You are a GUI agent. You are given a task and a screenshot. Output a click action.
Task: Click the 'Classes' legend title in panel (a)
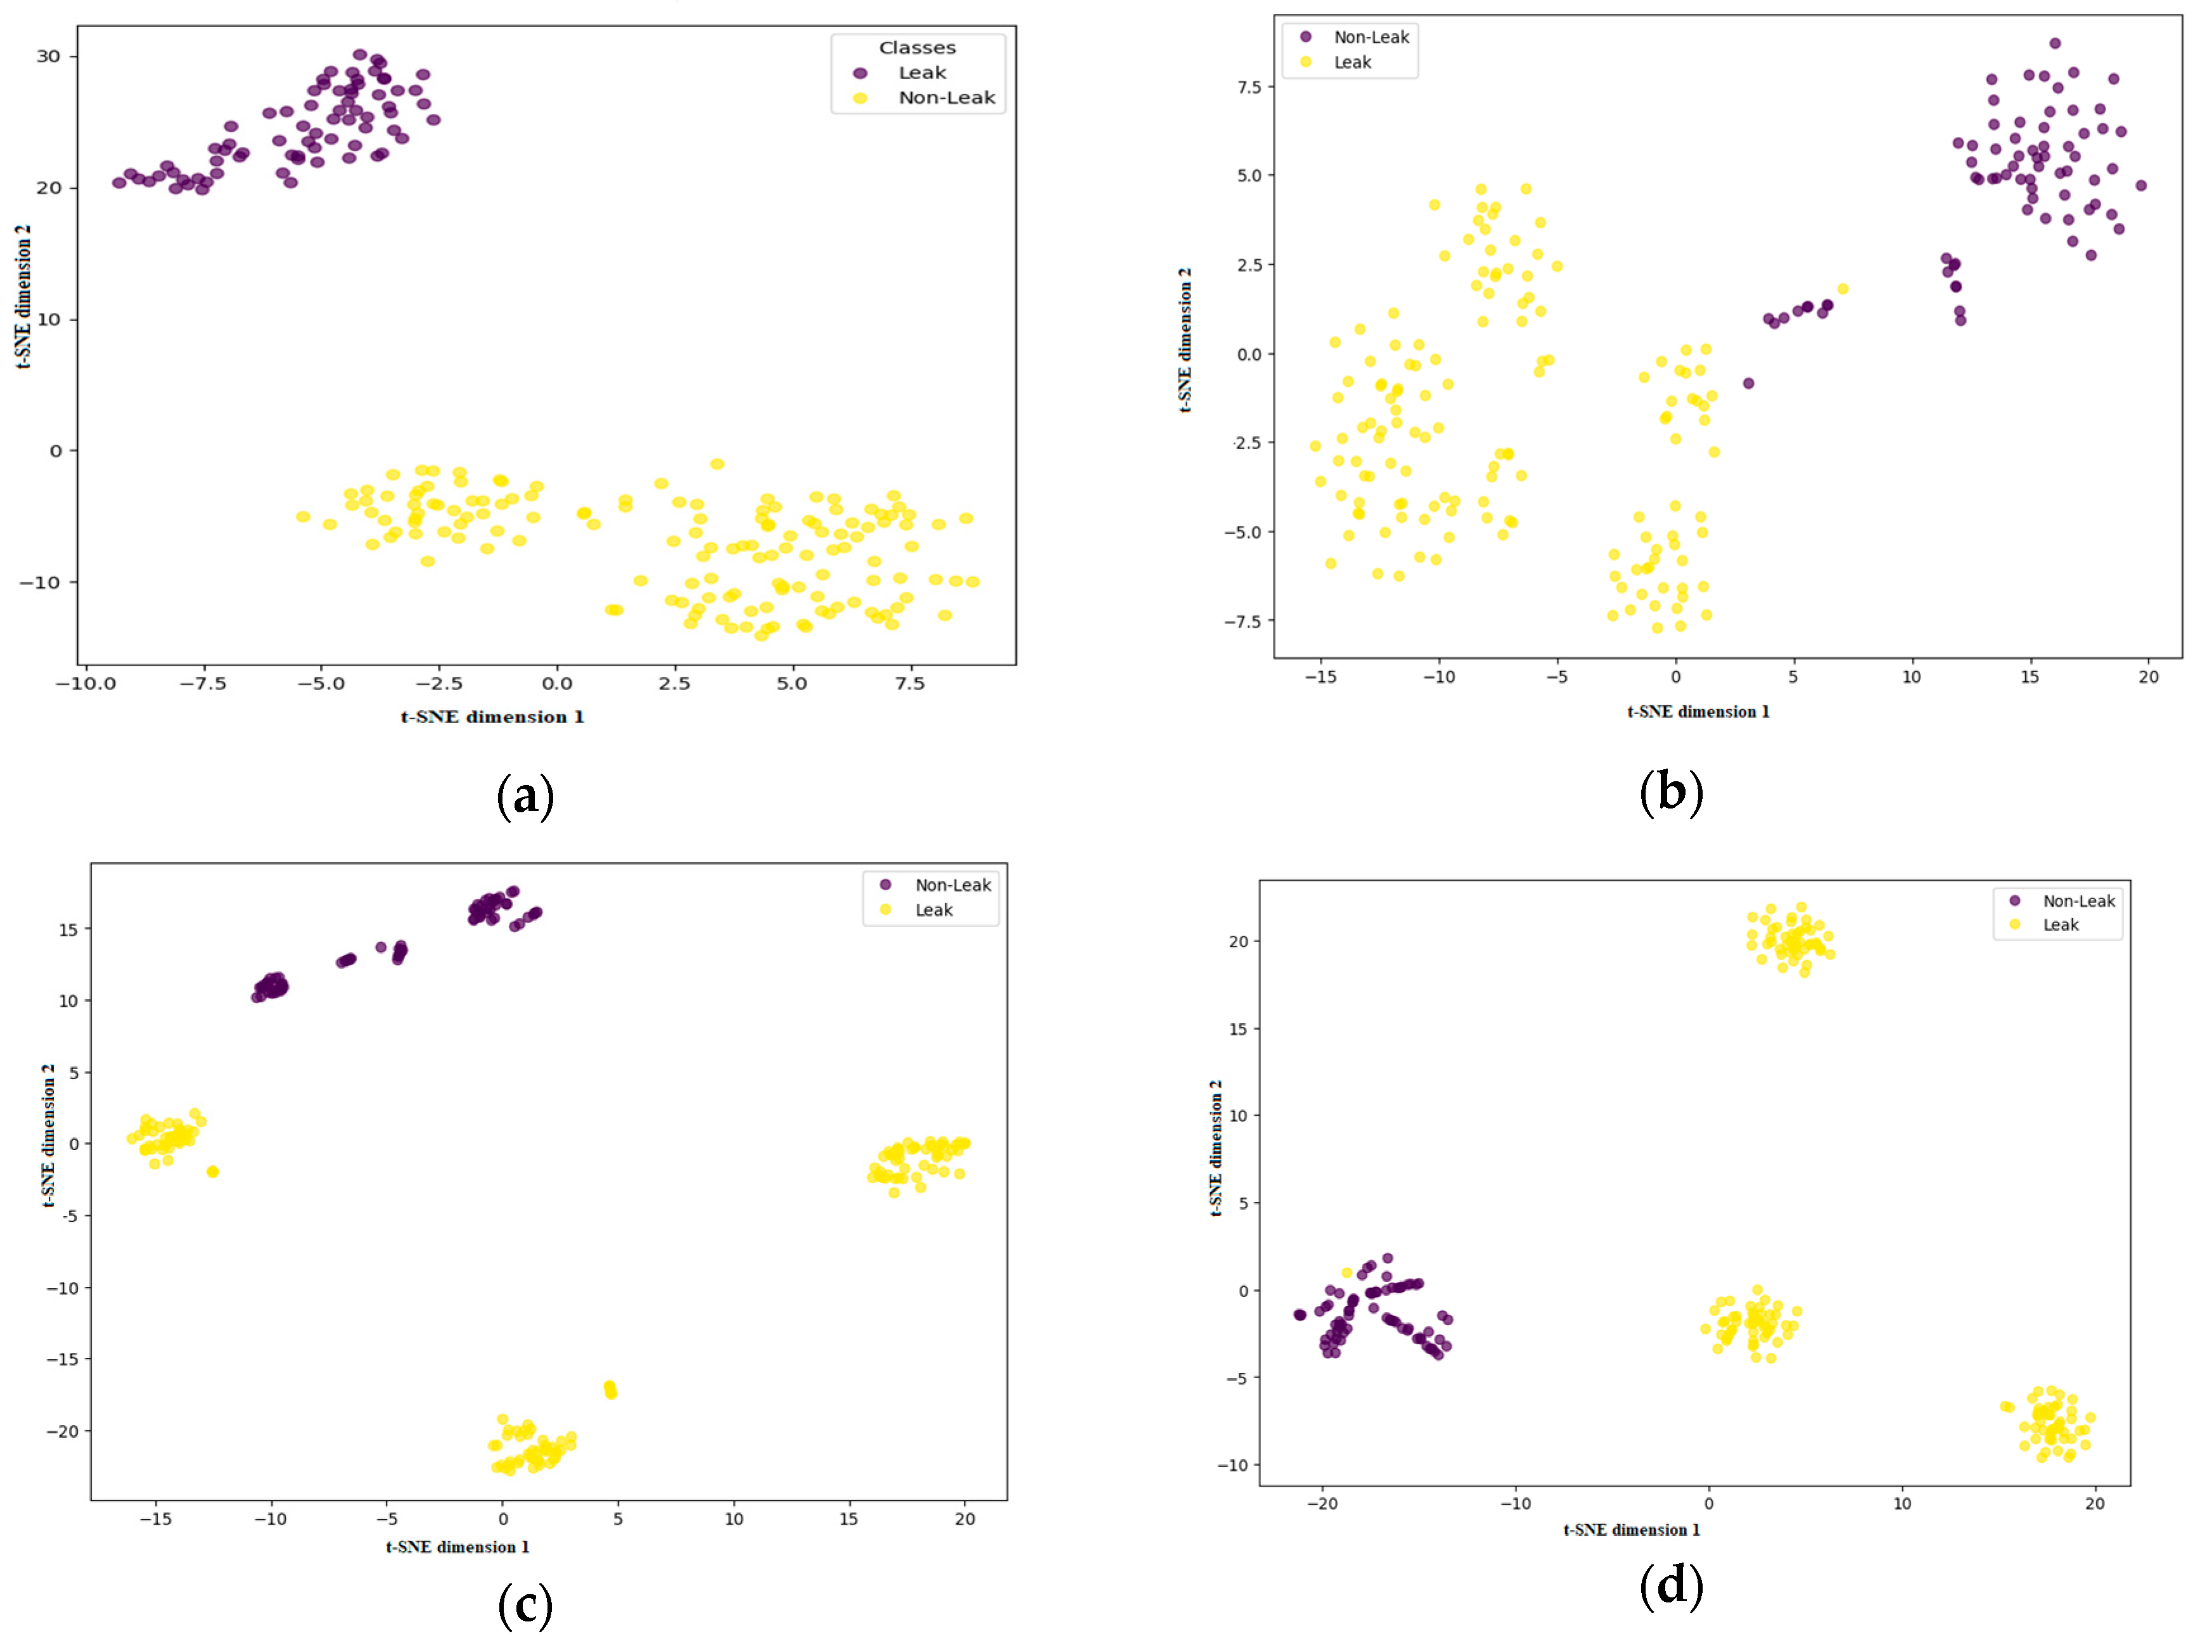coord(917,48)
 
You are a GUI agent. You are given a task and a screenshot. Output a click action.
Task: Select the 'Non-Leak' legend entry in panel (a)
coord(945,97)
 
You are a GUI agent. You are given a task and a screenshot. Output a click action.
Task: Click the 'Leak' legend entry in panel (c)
coord(933,910)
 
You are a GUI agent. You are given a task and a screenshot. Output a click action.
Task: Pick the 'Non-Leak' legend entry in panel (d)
coord(2078,901)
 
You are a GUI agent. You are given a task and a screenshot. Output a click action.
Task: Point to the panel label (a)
coord(525,796)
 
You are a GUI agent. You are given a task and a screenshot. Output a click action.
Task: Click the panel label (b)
coord(1671,792)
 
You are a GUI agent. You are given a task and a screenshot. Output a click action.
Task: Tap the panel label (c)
coord(525,1604)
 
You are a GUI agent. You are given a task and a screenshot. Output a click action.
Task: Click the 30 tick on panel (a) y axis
coord(49,56)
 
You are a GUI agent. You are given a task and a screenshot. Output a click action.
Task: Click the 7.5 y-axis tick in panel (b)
coord(1250,87)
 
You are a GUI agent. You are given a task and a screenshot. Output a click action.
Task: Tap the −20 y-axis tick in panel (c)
coord(63,1431)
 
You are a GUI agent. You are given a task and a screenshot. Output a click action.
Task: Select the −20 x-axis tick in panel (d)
coord(1322,1503)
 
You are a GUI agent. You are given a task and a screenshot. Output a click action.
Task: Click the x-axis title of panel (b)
coord(1698,712)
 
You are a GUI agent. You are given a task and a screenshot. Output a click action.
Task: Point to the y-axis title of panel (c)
coord(48,1136)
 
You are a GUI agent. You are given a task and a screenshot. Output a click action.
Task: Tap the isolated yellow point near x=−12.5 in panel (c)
coord(212,1172)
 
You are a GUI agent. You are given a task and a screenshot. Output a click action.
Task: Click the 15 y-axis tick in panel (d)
coord(1238,1029)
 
